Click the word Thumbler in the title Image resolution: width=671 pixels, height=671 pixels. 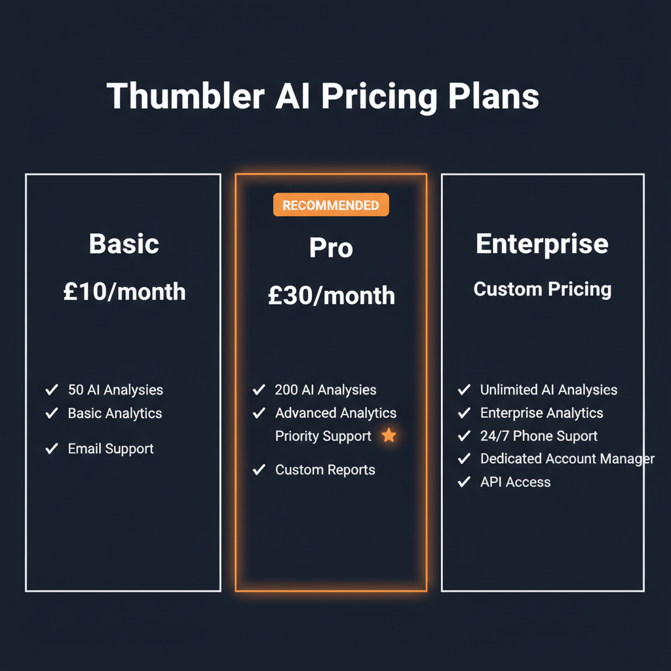point(185,96)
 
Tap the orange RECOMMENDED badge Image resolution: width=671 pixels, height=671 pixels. point(331,205)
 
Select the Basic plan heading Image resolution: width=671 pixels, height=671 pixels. point(124,244)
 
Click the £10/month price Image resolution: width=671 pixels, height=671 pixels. point(125,292)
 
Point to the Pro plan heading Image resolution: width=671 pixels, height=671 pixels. point(331,248)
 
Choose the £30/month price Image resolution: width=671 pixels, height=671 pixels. point(332,296)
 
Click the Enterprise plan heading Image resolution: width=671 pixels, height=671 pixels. point(542,244)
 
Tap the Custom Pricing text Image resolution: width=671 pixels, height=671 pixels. point(543,289)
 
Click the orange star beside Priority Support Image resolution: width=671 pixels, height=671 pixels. point(389,435)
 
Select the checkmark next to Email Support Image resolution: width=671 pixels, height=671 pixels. point(52,449)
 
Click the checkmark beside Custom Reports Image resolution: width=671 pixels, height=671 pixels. point(259,470)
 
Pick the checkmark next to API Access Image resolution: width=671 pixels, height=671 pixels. point(464,482)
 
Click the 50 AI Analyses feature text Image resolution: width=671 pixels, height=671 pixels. point(115,390)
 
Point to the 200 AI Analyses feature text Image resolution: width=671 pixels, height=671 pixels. point(326,390)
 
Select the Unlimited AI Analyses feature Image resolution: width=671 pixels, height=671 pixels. point(548,390)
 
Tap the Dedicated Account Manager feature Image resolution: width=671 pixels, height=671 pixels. point(567,459)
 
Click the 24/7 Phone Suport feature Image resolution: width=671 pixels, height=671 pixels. point(539,436)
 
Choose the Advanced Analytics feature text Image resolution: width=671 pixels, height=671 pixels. point(335,413)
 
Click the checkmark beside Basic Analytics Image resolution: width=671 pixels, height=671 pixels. point(52,413)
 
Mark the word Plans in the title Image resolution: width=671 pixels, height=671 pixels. point(494,96)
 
